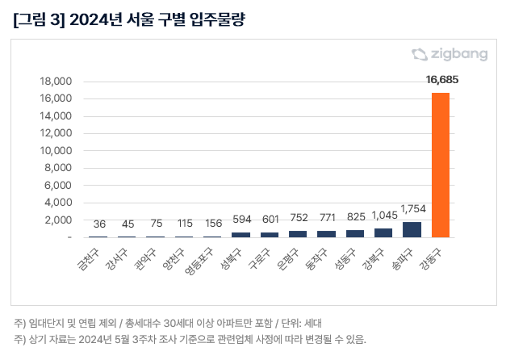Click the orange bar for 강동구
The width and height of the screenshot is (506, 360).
pyautogui.click(x=441, y=165)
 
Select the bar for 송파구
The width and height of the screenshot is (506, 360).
pyautogui.click(x=412, y=229)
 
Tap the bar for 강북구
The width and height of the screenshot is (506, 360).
pyautogui.click(x=383, y=232)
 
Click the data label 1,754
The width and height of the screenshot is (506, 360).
pyautogui.click(x=412, y=209)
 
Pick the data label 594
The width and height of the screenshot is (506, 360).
pyautogui.click(x=240, y=219)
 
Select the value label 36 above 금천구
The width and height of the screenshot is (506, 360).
pyautogui.click(x=99, y=224)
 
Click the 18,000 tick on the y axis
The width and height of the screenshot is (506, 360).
pyautogui.click(x=56, y=82)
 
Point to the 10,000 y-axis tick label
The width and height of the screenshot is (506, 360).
pyautogui.click(x=56, y=151)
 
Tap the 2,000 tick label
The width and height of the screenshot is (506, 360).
pyautogui.click(x=59, y=220)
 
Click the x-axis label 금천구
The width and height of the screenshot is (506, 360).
pyautogui.click(x=86, y=256)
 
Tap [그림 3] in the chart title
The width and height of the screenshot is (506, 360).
pyautogui.click(x=39, y=19)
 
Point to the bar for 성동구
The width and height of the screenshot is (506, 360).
pyautogui.click(x=354, y=233)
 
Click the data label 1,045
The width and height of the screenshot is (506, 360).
pyautogui.click(x=383, y=216)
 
